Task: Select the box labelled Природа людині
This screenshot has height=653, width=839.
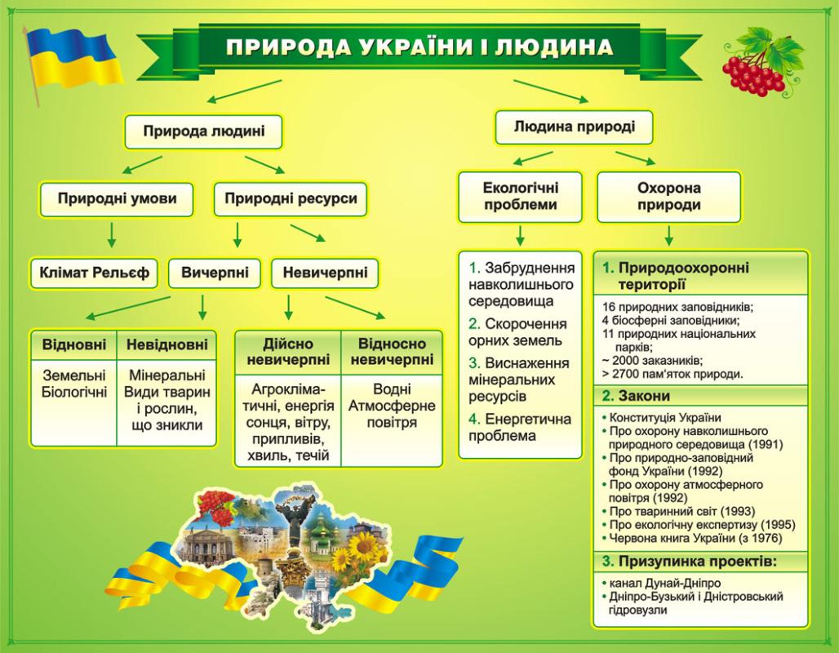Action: [203, 131]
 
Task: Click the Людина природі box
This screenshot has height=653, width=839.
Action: [574, 127]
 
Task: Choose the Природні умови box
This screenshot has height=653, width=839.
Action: [117, 199]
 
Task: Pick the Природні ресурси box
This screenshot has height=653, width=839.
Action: [291, 199]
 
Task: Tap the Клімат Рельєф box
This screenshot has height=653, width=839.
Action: [94, 273]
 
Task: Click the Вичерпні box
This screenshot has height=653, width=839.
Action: [215, 273]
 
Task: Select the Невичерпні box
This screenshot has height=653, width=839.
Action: [325, 273]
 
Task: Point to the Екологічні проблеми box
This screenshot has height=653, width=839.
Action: [520, 197]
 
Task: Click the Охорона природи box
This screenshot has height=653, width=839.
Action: [669, 197]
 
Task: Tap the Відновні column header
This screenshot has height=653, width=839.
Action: [73, 344]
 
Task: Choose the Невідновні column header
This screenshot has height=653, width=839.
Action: [167, 344]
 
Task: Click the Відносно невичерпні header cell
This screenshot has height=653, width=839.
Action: [392, 352]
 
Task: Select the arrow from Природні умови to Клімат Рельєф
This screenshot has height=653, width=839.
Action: [111, 235]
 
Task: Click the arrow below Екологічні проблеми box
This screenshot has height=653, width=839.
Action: [520, 236]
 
